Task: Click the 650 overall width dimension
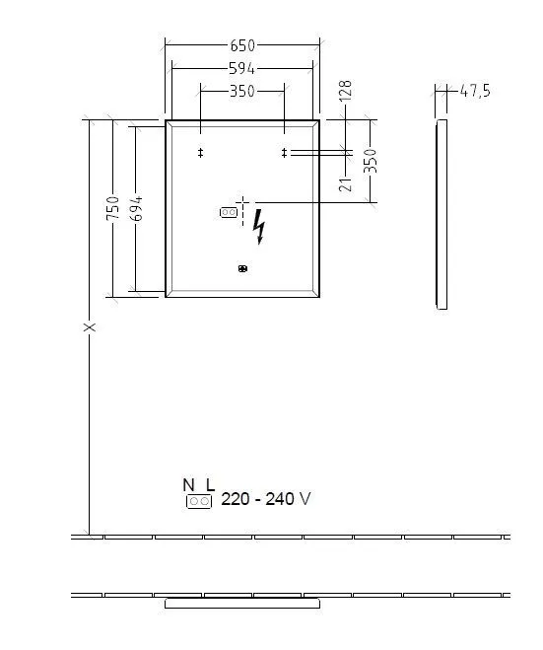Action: click(x=242, y=45)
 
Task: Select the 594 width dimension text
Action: click(x=242, y=68)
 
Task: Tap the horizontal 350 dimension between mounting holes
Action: click(x=242, y=91)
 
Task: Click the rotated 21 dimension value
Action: click(x=345, y=181)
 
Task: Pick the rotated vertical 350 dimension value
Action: click(x=371, y=161)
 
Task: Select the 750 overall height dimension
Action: click(x=113, y=208)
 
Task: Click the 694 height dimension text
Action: click(x=139, y=208)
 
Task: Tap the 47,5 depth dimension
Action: click(x=474, y=91)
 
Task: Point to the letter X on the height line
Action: click(x=89, y=326)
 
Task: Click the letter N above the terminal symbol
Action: click(x=188, y=484)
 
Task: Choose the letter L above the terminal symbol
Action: click(x=209, y=484)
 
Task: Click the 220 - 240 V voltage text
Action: click(x=266, y=499)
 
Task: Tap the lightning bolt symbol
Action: click(x=260, y=226)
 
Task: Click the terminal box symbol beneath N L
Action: click(x=198, y=501)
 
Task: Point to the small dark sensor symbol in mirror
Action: click(x=242, y=268)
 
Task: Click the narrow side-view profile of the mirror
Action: click(x=441, y=215)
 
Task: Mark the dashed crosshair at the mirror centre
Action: click(x=242, y=202)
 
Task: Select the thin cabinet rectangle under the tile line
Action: click(x=242, y=603)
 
